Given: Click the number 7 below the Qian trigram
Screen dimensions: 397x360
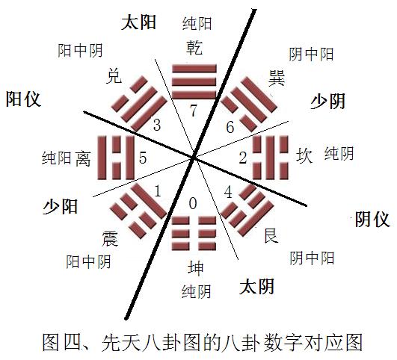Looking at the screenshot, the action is [194, 111].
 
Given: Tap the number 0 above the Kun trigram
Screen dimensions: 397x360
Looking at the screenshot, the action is [193, 203].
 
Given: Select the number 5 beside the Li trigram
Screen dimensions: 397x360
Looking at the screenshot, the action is [143, 158].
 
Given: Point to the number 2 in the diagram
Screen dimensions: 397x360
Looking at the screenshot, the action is [243, 158].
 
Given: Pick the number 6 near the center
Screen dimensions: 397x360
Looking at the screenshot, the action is [230, 127].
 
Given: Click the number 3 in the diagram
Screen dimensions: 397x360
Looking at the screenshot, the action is [157, 125].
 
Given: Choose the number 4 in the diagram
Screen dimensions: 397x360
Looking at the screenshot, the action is [228, 192].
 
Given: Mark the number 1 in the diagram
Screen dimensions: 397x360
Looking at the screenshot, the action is [158, 191].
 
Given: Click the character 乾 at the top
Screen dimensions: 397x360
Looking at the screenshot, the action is [194, 47].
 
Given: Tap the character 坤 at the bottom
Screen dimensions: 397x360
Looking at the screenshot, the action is [196, 268].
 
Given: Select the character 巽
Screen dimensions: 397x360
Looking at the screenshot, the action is [277, 78].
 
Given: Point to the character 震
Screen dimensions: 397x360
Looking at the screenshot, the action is [110, 238].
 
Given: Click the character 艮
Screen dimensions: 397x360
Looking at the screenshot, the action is [271, 235].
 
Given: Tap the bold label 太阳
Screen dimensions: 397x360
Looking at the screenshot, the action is [138, 22].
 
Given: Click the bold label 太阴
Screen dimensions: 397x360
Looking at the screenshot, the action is [256, 286].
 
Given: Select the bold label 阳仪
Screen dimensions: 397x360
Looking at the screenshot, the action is [23, 99].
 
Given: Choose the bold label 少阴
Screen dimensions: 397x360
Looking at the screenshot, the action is [328, 101].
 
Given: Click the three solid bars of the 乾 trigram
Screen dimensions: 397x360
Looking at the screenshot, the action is [194, 81].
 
